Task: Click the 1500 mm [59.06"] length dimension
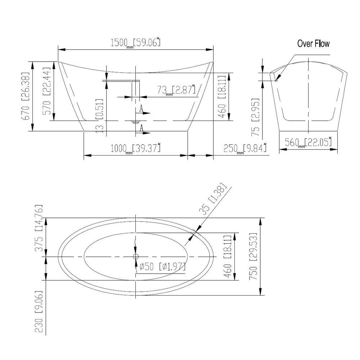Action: point(135,42)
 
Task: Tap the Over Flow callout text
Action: point(313,44)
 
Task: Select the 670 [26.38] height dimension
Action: point(26,96)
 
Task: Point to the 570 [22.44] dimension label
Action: point(46,91)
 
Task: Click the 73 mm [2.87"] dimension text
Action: point(176,90)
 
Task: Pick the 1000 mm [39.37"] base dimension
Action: point(135,148)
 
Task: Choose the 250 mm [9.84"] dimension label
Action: point(245,148)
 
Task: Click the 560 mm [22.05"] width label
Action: point(308,142)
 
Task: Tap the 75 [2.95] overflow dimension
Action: point(256,117)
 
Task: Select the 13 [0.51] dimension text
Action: point(99,116)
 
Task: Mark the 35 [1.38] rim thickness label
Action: point(213,199)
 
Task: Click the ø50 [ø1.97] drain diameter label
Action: point(162,266)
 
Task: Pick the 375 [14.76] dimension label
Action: point(39,228)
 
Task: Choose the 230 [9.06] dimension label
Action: point(39,311)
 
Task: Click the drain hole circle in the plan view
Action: point(135,256)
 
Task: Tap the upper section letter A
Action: point(141,108)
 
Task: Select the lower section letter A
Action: point(141,127)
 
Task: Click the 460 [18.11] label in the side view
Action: point(222,96)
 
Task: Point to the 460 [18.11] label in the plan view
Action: point(227,256)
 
